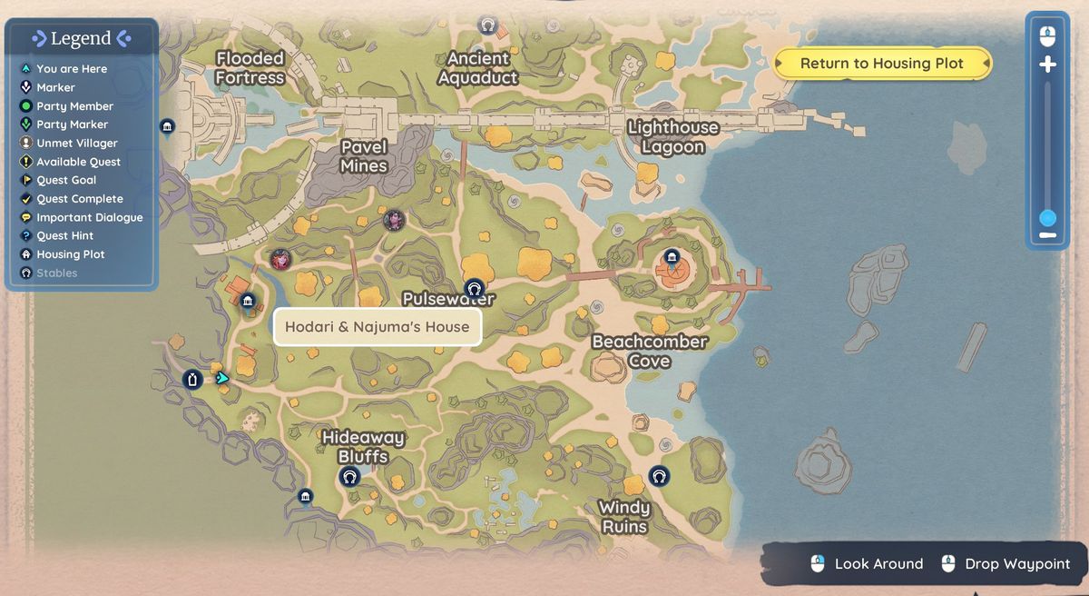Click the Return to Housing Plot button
point(882,64)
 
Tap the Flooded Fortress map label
point(250,68)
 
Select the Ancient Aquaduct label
point(478,68)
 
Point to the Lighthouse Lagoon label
point(673,137)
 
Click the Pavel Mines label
point(364,156)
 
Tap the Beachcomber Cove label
point(650,351)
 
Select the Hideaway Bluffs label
point(363,447)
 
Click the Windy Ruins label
point(624,517)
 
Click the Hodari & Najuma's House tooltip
point(377,327)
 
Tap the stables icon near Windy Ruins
point(659,475)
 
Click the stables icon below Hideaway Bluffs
point(349,476)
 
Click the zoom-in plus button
point(1047,65)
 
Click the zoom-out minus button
point(1047,235)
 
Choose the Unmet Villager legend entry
point(76,143)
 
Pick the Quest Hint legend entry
point(64,235)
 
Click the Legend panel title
point(81,38)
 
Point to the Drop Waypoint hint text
point(1016,564)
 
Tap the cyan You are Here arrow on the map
point(222,378)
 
